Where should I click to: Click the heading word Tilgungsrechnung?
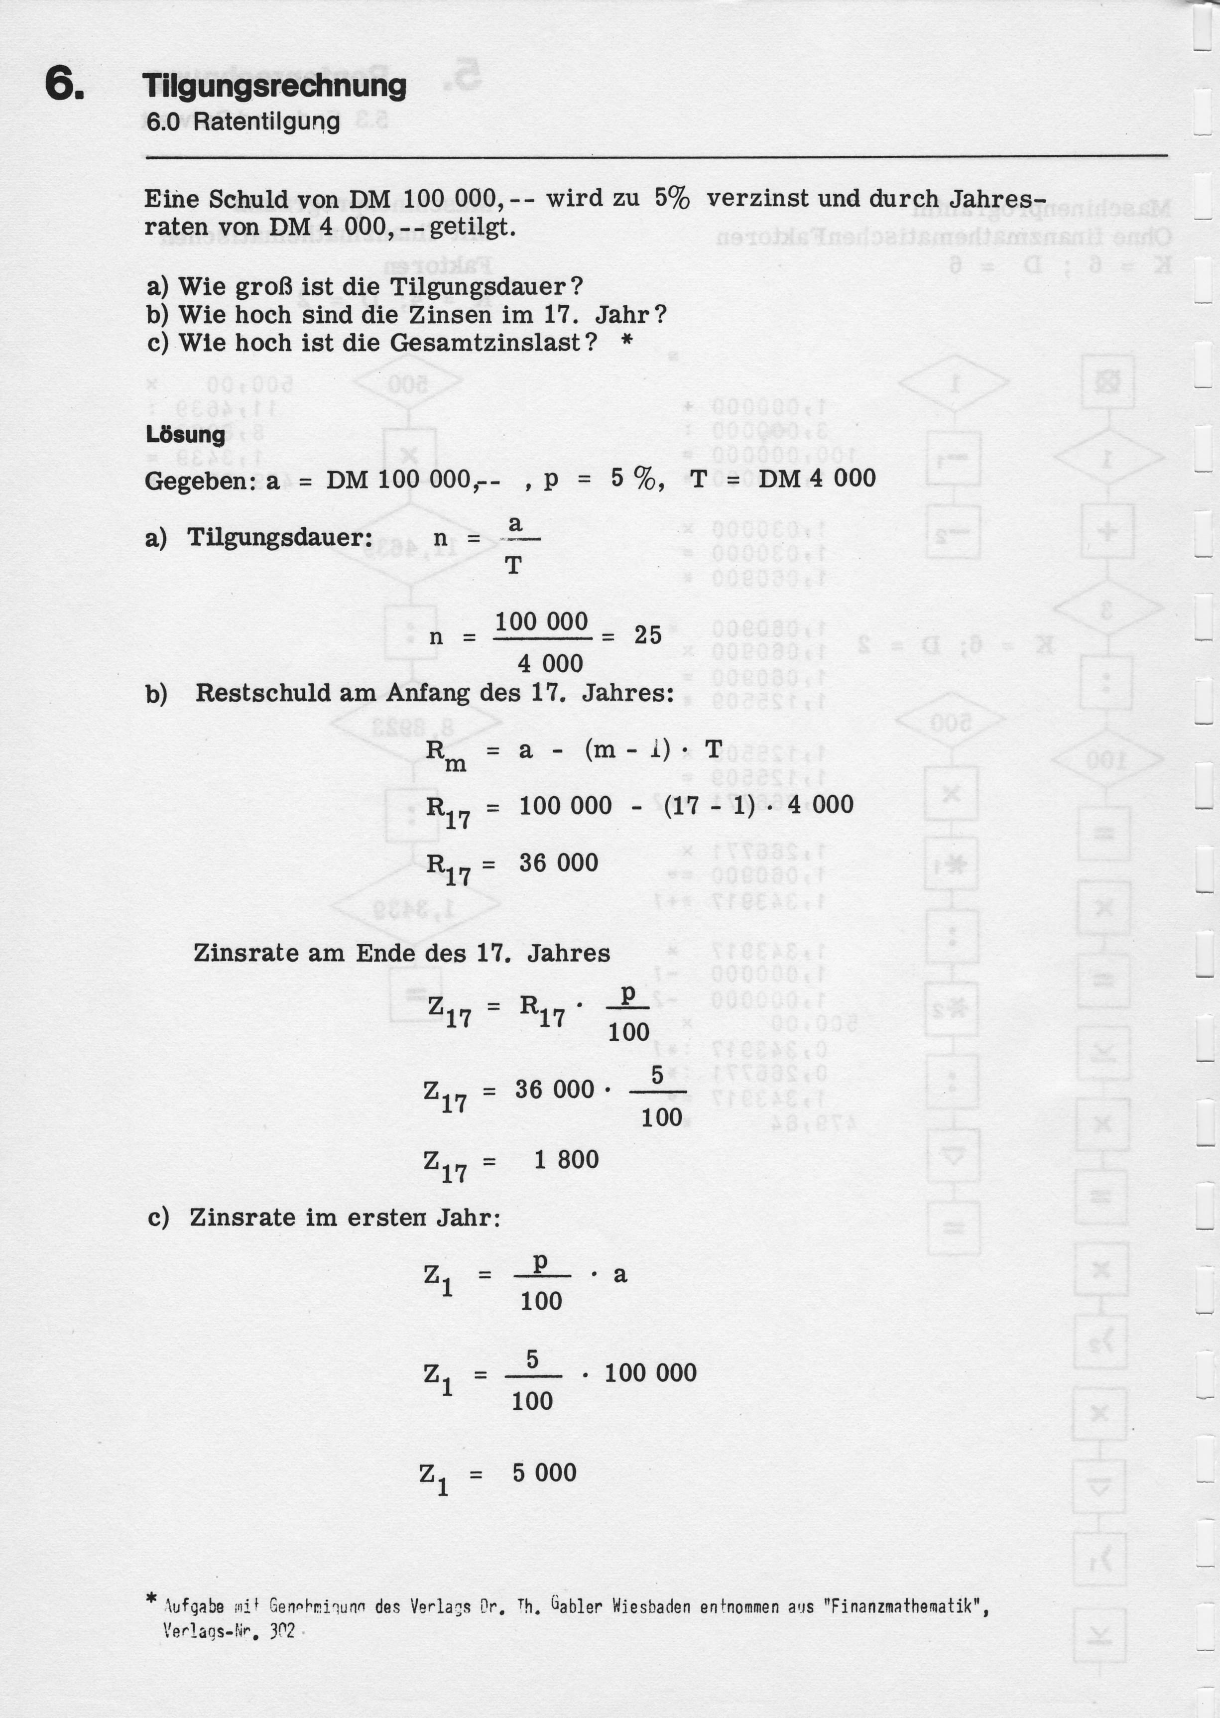coord(274,86)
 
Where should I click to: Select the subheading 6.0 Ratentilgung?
coord(243,122)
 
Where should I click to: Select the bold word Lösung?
coord(185,435)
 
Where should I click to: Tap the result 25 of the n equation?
coord(647,635)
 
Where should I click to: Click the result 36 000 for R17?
coord(558,862)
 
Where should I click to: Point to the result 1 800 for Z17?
coord(567,1159)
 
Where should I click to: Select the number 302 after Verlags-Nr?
coord(282,1630)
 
